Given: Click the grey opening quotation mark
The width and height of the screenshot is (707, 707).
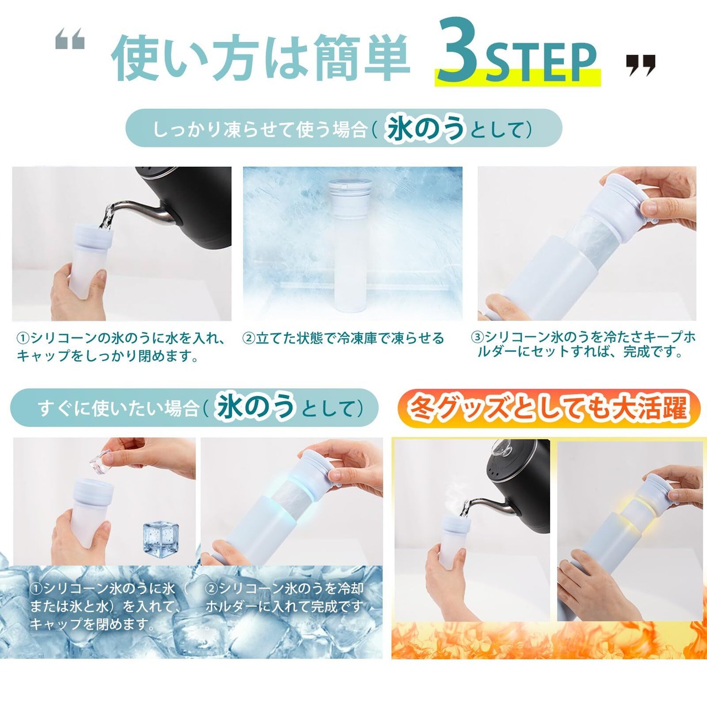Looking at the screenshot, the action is coord(70,39).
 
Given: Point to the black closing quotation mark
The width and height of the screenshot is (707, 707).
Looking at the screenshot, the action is coord(641,65).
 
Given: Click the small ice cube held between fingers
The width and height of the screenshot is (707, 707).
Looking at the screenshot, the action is coord(100,458).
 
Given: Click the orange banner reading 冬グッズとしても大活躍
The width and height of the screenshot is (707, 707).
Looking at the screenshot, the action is coord(548,408).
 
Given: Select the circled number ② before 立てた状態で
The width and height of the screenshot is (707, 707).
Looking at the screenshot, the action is coord(249,338).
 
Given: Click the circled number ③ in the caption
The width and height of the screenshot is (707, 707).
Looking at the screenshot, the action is coord(477,337).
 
